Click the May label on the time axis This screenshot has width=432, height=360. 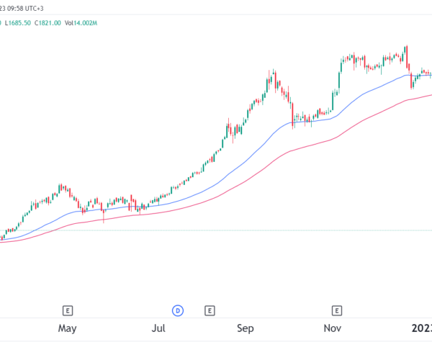(x=67, y=329)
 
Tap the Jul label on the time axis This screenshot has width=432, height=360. (x=159, y=329)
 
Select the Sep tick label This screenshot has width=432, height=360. (x=246, y=329)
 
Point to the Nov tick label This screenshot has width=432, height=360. (x=332, y=329)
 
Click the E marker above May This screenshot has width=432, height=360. (x=67, y=311)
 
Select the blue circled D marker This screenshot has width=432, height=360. (x=177, y=311)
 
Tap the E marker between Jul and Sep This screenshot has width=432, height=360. (x=210, y=311)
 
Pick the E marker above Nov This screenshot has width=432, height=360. (x=336, y=311)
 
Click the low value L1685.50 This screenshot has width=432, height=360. (x=17, y=23)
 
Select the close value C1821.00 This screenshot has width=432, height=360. (x=48, y=23)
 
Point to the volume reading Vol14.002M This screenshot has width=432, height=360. (x=81, y=23)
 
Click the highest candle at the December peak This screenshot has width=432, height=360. (x=406, y=54)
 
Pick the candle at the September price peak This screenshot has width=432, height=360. (x=274, y=79)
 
